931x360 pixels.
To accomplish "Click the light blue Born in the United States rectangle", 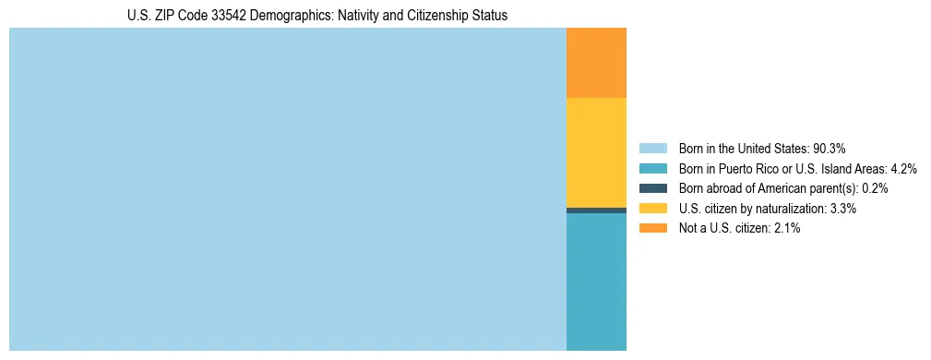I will (287, 189).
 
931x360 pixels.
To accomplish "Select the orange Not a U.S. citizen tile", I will (596, 63).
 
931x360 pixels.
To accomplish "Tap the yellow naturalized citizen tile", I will (596, 152).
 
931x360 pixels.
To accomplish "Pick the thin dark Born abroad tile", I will (596, 210).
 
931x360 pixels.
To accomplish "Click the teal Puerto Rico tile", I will (596, 282).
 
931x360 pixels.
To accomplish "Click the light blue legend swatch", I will (652, 148).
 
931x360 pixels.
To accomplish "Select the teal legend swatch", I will (652, 168).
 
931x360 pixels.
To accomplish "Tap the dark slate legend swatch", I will (652, 188).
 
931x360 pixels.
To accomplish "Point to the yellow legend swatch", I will (652, 209).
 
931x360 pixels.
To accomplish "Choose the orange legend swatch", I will (652, 228).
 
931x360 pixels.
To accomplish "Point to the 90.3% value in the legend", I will (830, 148).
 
